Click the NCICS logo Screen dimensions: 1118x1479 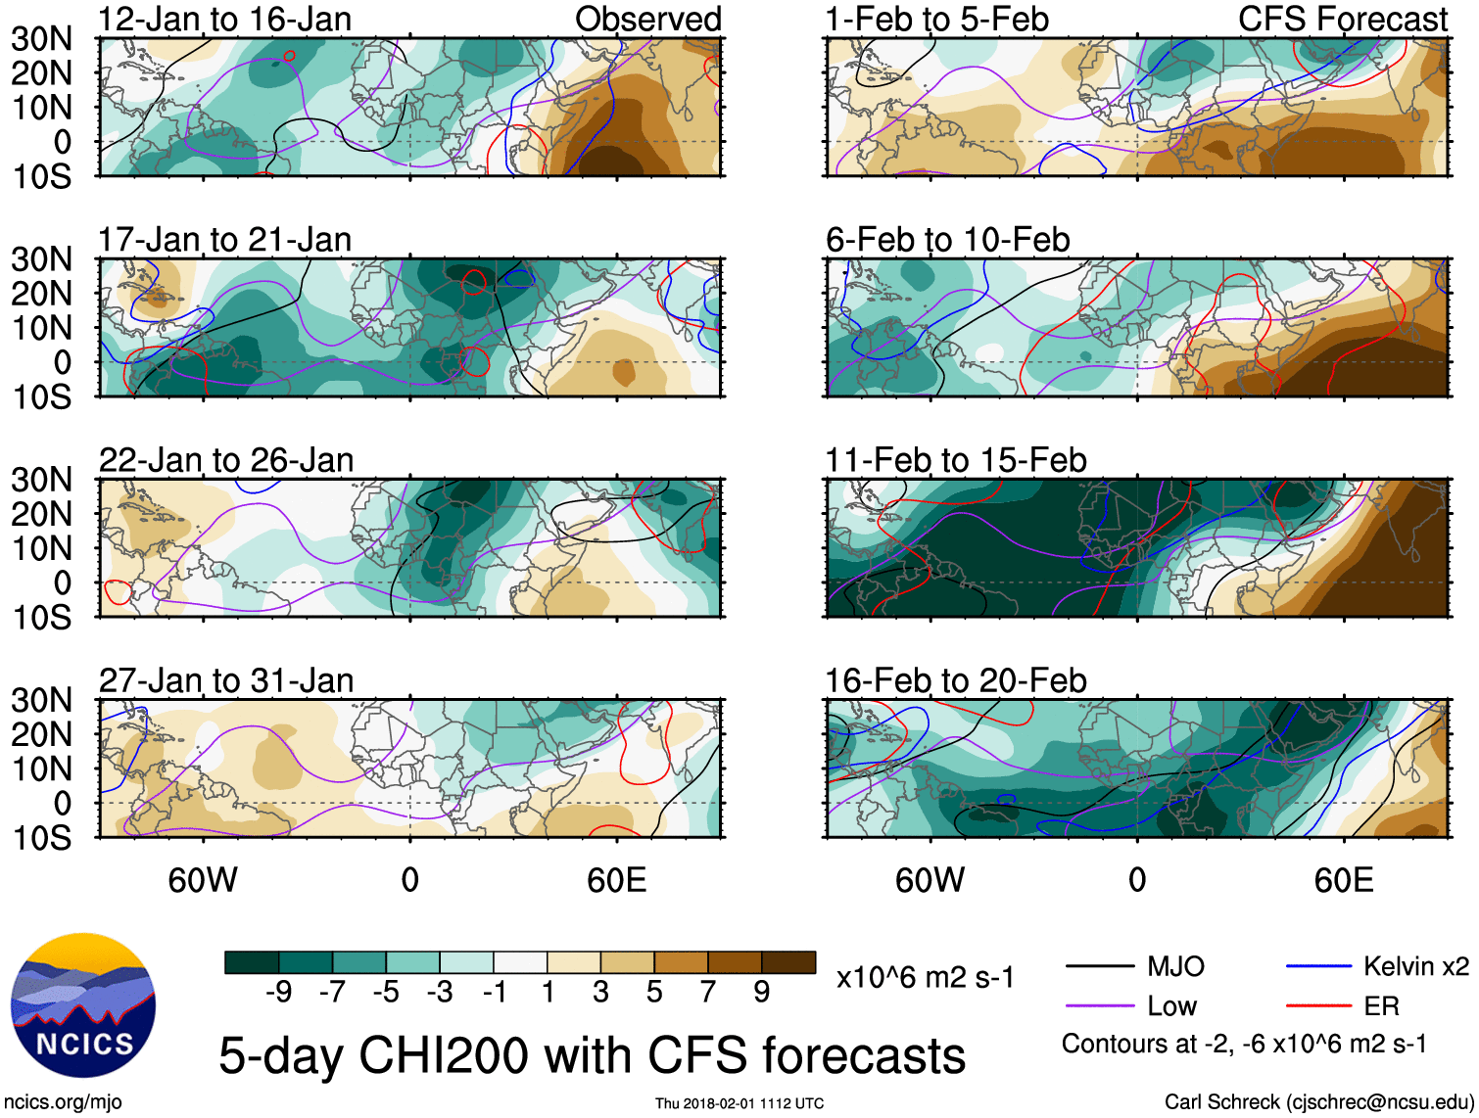(83, 1005)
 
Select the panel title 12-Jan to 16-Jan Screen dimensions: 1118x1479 (224, 20)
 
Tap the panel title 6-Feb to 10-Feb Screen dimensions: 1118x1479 (947, 240)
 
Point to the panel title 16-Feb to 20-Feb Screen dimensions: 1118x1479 (955, 680)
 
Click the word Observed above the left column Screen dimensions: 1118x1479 (647, 20)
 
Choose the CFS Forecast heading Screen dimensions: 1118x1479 (1342, 20)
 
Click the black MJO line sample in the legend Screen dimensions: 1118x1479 (1100, 967)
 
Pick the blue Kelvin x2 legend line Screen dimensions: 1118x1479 (1318, 967)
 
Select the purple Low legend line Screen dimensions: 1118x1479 (1100, 1006)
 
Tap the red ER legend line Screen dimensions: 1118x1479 (1318, 1006)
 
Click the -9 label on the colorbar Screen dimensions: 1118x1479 (278, 993)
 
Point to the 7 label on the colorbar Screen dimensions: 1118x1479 (708, 993)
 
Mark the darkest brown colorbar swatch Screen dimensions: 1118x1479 (788, 962)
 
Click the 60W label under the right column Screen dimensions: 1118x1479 (930, 880)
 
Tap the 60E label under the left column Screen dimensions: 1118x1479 (616, 880)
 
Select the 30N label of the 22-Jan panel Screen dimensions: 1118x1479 (42, 480)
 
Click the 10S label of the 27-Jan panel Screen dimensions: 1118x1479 (42, 838)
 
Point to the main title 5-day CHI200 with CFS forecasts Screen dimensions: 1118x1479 (592, 1055)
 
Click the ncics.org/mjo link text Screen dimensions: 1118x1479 (63, 1102)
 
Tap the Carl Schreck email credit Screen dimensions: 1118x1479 (1318, 1102)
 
